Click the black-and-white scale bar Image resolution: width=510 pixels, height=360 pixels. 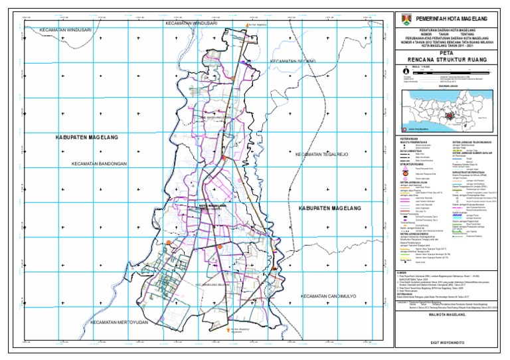(452, 68)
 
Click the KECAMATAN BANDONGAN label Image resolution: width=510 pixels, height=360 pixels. (99, 163)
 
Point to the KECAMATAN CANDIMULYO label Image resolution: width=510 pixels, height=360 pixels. (330, 296)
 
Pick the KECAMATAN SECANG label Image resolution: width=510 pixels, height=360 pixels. (292, 62)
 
